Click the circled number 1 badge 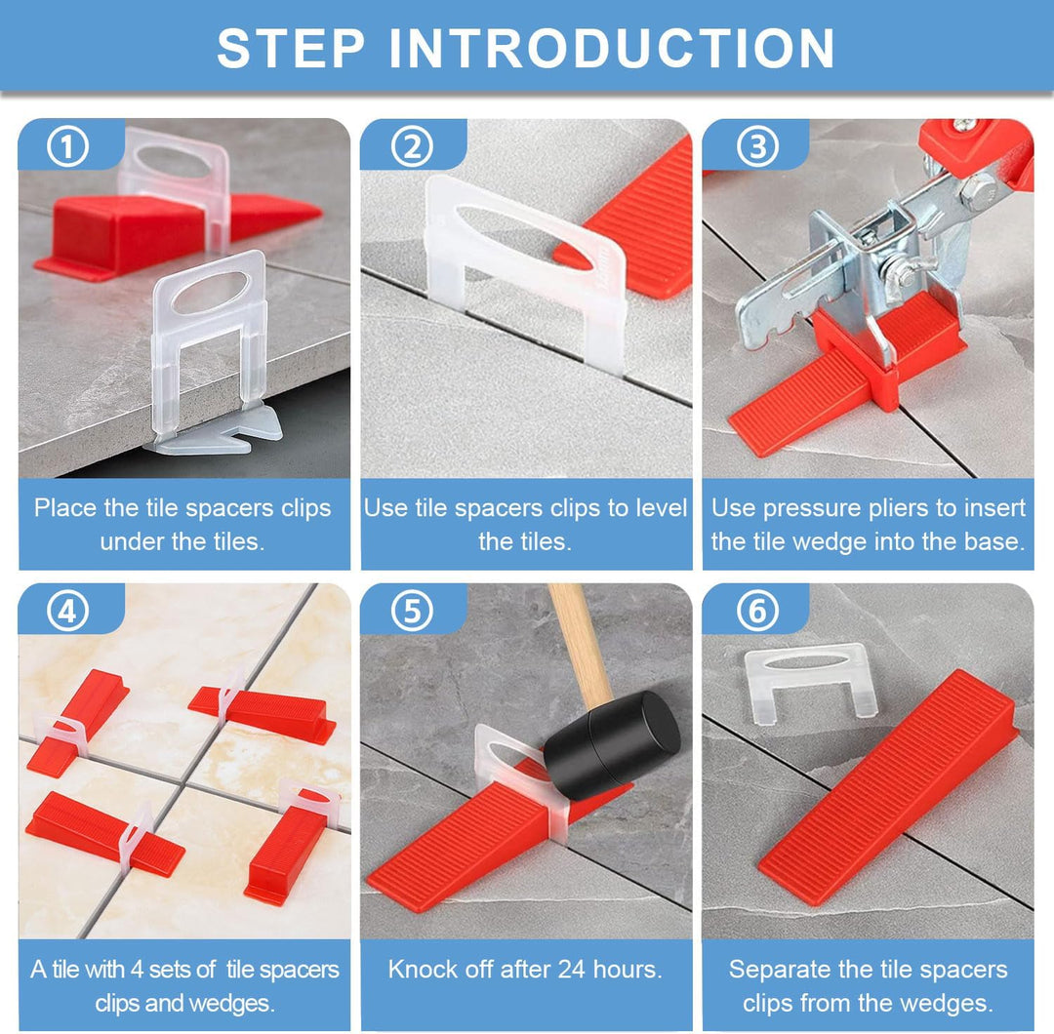click(x=68, y=147)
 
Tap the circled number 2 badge click(x=412, y=147)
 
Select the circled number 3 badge click(x=757, y=147)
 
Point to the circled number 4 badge click(x=68, y=612)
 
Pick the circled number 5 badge click(x=412, y=612)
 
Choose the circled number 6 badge click(x=757, y=612)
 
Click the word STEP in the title click(x=291, y=49)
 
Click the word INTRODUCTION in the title click(x=612, y=49)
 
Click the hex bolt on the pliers click(x=978, y=190)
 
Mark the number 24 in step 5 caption click(x=571, y=970)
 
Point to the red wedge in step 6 click(x=887, y=786)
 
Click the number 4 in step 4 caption click(x=138, y=970)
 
